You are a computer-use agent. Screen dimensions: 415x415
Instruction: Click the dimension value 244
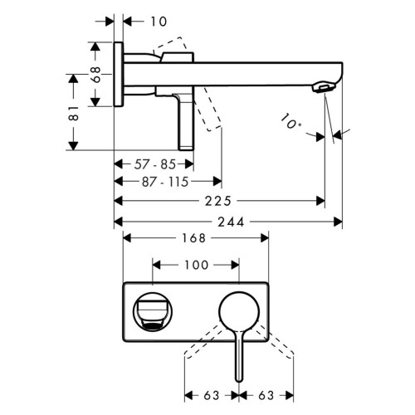coord(231,222)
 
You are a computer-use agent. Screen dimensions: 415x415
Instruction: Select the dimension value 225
coord(217,201)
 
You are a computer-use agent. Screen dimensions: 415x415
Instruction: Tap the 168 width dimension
coord(193,238)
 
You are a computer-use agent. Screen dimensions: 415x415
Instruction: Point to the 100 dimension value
coord(196,265)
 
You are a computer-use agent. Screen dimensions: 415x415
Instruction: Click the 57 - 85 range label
coord(155,164)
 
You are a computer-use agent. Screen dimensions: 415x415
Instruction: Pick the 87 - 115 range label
coord(165,182)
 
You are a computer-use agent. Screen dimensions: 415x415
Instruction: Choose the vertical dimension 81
coord(74,113)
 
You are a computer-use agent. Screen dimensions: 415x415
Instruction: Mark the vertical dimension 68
coord(96,75)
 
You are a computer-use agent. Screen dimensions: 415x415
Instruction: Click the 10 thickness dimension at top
coord(159,22)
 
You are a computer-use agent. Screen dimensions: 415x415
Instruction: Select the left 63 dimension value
coord(212,396)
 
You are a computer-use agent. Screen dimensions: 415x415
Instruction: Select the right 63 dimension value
coord(266,396)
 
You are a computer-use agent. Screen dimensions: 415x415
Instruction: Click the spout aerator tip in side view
coord(322,86)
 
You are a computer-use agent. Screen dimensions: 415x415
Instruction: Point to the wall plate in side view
coord(119,74)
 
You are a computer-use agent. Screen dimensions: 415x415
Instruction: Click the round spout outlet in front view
coord(153,312)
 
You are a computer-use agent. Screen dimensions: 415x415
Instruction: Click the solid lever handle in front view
coord(239,356)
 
